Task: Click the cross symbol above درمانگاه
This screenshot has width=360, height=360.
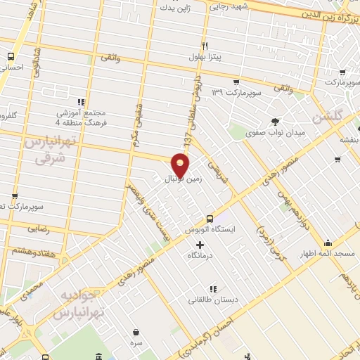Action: pos(200,245)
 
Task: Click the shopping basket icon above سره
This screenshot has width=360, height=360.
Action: pos(136,331)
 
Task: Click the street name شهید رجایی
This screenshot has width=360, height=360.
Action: pos(229,6)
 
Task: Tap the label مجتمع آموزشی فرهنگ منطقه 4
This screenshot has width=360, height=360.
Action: pos(80,116)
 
